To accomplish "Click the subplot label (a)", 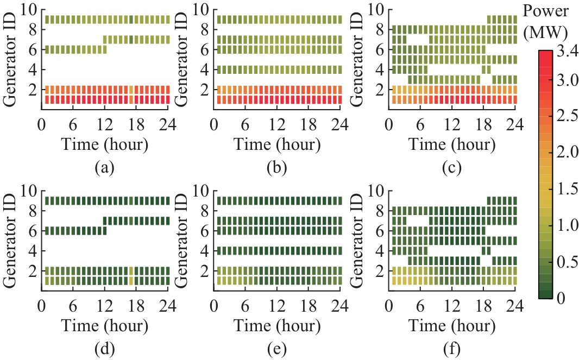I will [104, 168].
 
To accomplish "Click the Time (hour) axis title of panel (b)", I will [278, 146].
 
